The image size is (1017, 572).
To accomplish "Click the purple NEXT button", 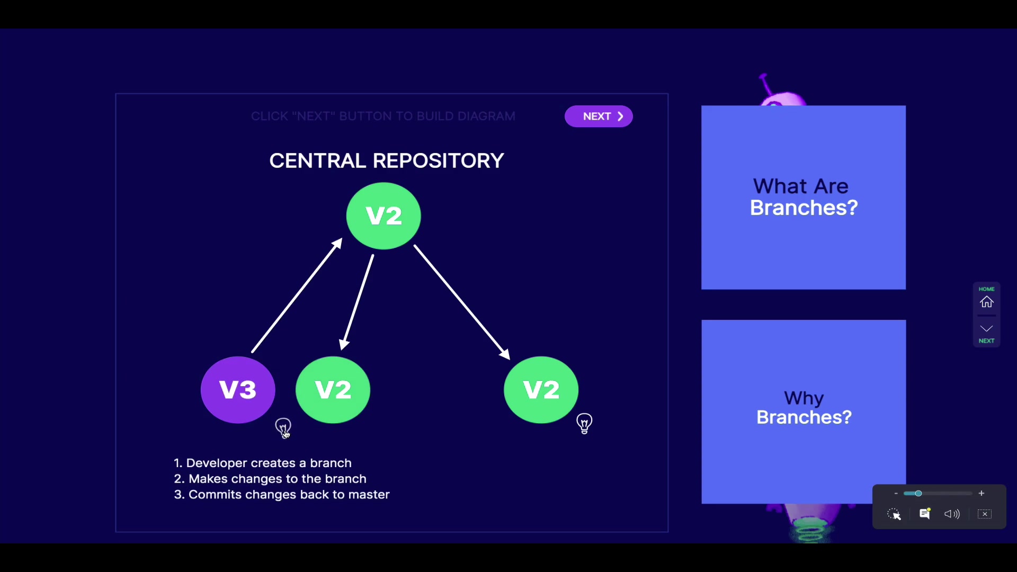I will click(599, 117).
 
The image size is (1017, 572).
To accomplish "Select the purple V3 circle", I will click(238, 390).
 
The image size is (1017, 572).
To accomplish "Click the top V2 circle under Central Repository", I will click(383, 216).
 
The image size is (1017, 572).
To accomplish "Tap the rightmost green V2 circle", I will click(541, 390).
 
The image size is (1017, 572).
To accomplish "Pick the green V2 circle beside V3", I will click(333, 390).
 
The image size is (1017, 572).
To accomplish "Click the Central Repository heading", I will click(387, 160).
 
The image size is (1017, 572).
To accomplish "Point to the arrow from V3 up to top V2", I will click(297, 296).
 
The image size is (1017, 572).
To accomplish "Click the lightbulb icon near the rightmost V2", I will click(584, 423).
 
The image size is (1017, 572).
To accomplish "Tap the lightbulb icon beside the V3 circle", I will click(283, 426).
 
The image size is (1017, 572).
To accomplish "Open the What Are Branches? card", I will click(804, 198).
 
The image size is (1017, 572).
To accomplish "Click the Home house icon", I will click(986, 302).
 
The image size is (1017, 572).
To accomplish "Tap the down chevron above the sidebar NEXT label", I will click(986, 329).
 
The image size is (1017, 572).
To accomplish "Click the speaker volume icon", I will click(952, 514).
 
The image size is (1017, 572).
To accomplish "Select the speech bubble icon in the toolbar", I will click(925, 514).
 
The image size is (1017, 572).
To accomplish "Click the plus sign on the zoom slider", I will click(982, 494).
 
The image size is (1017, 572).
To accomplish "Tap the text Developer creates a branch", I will click(269, 463).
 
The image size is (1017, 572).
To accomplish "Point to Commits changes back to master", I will click(289, 495).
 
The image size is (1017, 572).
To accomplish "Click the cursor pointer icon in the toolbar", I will click(894, 514).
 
